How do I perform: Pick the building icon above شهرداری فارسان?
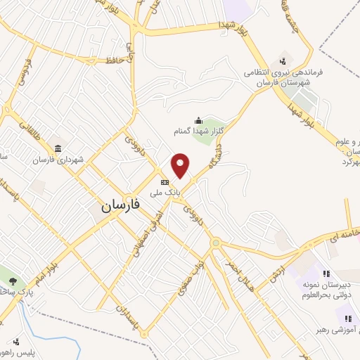point(57,148)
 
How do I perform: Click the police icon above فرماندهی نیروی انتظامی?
point(283,60)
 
